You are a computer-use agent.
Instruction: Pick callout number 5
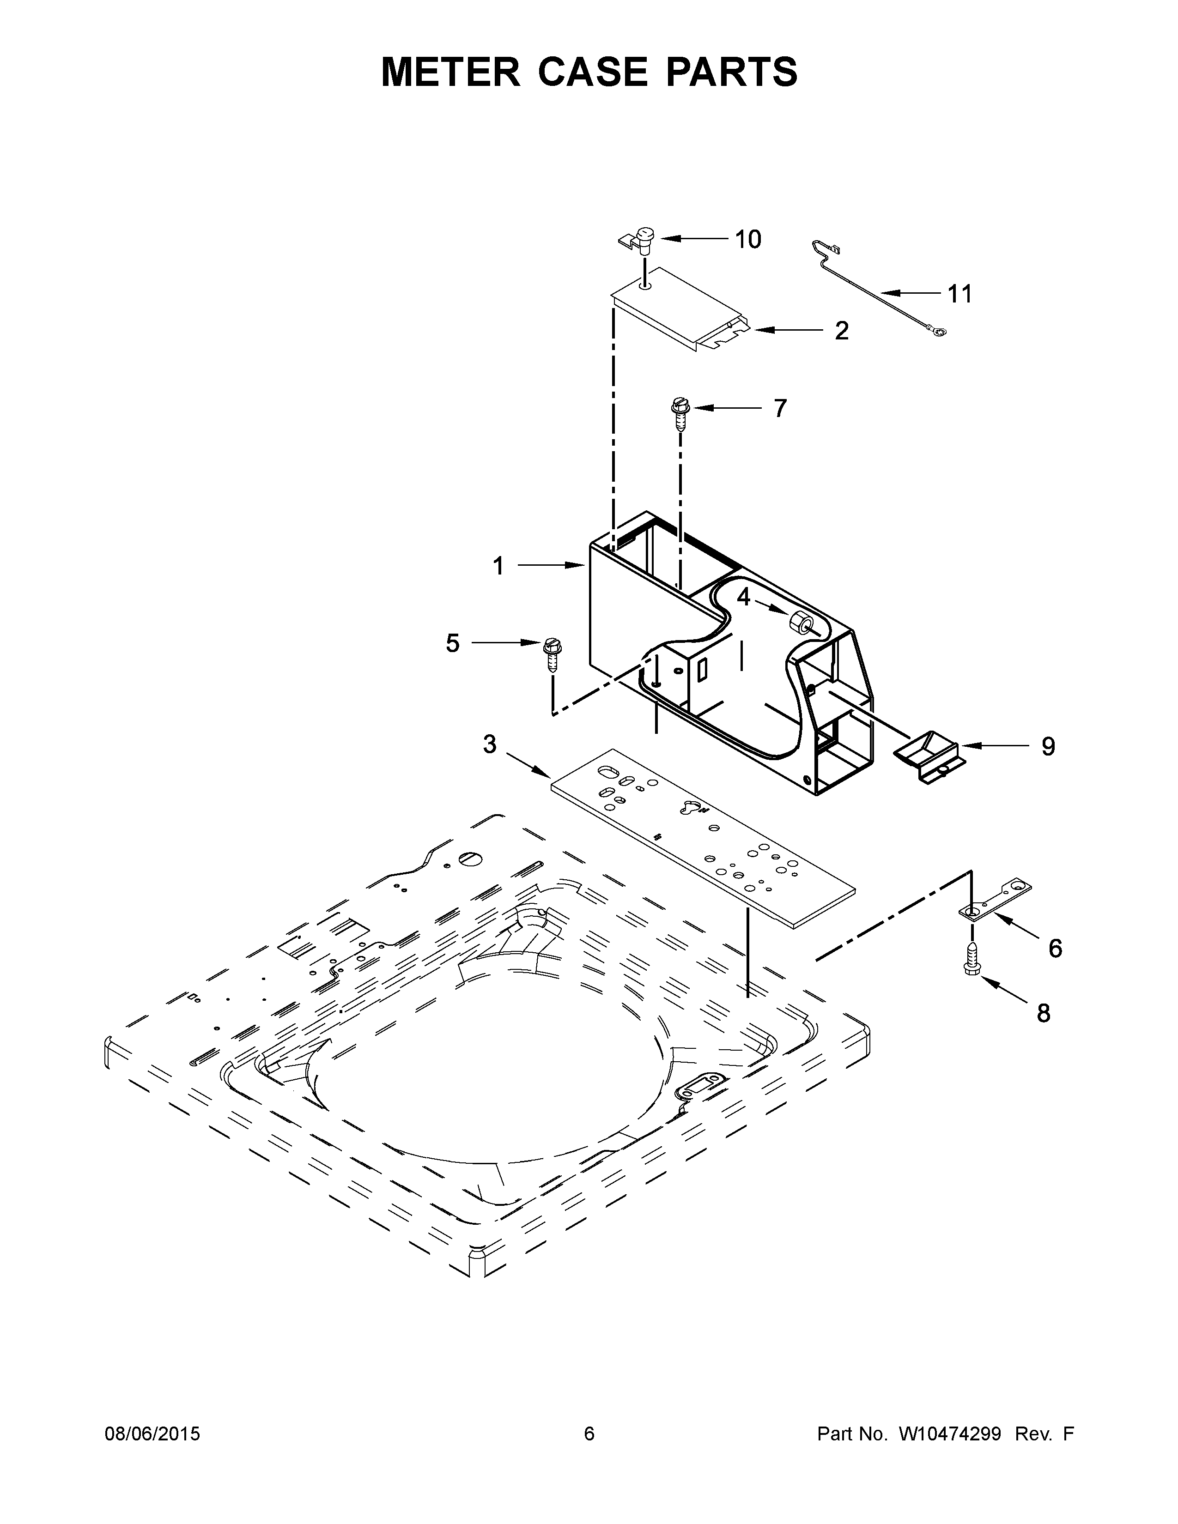[x=453, y=643]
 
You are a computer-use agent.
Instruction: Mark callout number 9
[x=1048, y=747]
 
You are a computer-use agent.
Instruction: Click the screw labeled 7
[x=678, y=413]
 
